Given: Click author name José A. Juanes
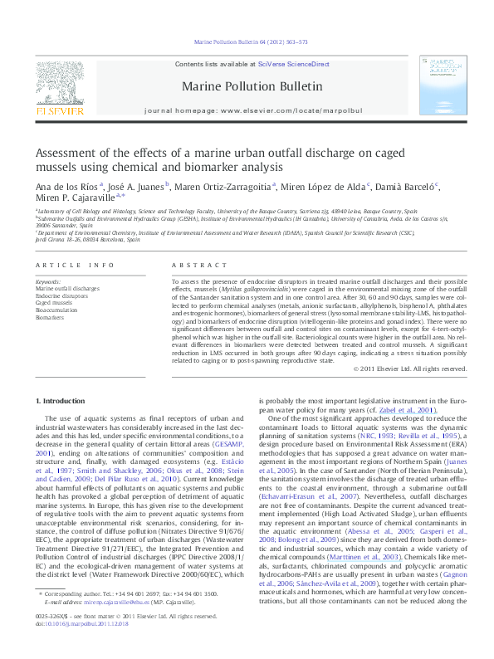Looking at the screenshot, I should point(139,186).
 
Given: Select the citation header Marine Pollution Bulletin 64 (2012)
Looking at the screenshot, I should point(250,41).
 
